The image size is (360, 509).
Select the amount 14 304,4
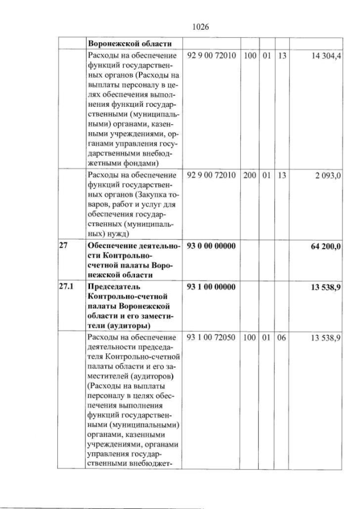click(x=327, y=56)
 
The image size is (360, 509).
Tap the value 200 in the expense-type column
click(x=250, y=176)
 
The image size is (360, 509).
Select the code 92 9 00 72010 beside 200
click(x=210, y=176)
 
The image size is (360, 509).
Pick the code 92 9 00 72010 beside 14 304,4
click(x=210, y=56)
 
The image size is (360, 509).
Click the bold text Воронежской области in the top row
click(x=128, y=43)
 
